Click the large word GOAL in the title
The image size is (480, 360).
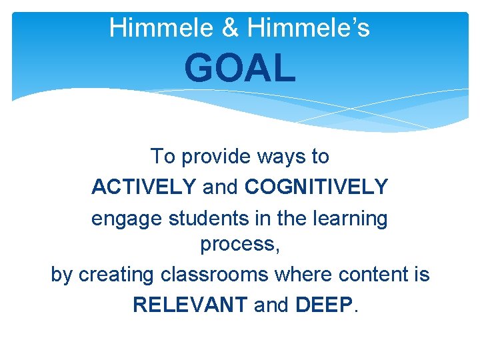(x=240, y=68)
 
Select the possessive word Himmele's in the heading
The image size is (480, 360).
(x=308, y=28)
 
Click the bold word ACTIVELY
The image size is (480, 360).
(x=143, y=187)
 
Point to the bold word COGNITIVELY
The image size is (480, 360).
(x=316, y=187)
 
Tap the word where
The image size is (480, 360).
(x=301, y=274)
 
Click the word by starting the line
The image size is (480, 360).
(x=61, y=275)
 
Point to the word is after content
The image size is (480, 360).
(x=421, y=274)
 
